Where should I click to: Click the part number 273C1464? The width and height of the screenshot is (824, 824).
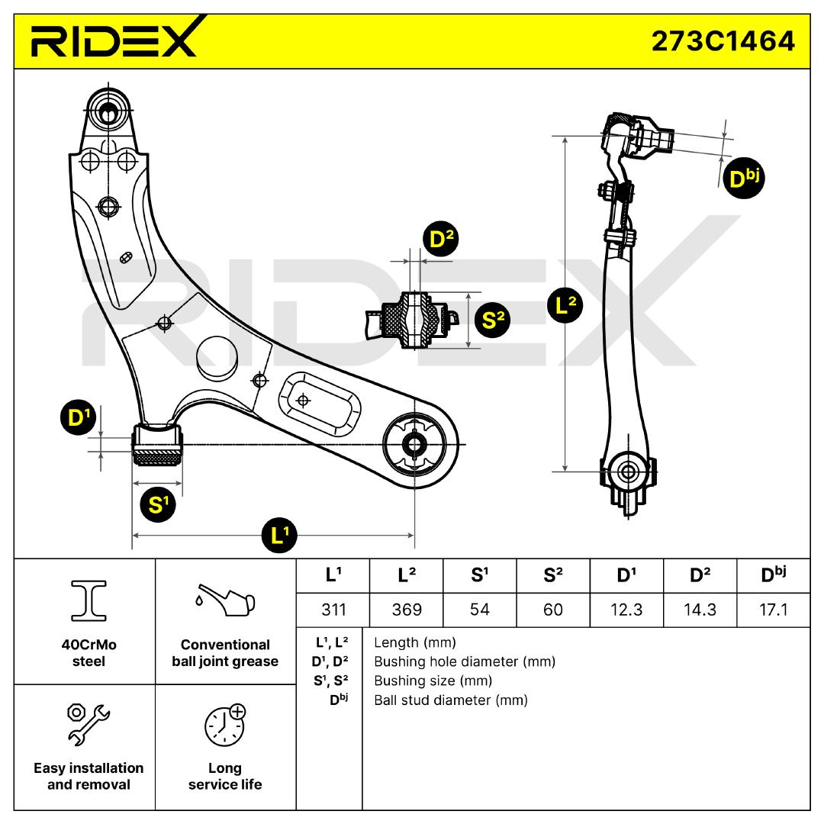(723, 40)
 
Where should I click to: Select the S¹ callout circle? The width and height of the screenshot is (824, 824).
(159, 504)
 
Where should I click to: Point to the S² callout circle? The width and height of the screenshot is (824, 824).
(493, 320)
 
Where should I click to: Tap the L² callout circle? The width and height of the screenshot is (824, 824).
(565, 306)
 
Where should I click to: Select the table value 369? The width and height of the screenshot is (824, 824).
(405, 610)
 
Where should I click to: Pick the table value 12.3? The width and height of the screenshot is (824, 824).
(626, 610)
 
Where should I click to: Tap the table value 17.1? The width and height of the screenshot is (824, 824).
(773, 610)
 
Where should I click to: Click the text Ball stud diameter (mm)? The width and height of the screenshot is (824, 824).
(450, 700)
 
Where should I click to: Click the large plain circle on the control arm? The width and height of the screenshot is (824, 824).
(219, 354)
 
